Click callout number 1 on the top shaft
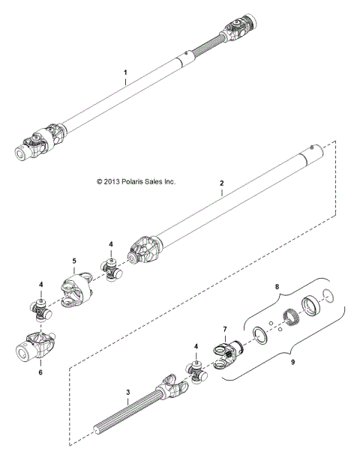coord(126,74)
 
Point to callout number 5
coord(74,262)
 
